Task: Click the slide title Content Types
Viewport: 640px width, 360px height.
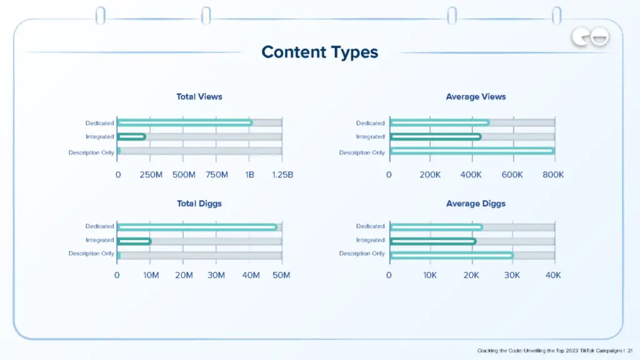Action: pos(320,52)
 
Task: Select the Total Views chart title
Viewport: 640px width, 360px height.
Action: pos(199,97)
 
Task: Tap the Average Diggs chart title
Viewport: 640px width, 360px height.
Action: pos(476,204)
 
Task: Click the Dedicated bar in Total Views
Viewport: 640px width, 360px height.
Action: pos(185,122)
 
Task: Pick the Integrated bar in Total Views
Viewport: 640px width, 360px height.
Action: pos(131,136)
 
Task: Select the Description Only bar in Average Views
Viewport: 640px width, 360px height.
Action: pos(472,151)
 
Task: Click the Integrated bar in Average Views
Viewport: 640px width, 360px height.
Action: pos(435,136)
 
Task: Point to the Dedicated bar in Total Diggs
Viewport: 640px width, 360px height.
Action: pos(197,227)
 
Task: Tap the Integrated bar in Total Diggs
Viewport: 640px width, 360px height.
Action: pos(134,241)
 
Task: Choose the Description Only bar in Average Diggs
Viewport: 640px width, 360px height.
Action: pos(451,254)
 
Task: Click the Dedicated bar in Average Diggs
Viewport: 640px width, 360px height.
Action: pos(436,227)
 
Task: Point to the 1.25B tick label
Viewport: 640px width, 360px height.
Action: pos(282,175)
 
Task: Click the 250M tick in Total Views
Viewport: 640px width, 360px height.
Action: pos(151,175)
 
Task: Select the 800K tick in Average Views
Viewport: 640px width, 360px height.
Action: pos(553,175)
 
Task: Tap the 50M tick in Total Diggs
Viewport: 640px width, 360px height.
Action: pos(282,276)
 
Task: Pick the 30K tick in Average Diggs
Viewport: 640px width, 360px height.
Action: pos(512,276)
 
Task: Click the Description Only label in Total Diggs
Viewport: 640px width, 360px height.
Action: pos(91,254)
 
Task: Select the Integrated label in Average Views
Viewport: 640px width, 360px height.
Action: pos(371,137)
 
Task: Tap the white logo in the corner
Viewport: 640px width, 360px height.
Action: pos(590,39)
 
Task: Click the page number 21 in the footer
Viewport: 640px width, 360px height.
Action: pos(631,351)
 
